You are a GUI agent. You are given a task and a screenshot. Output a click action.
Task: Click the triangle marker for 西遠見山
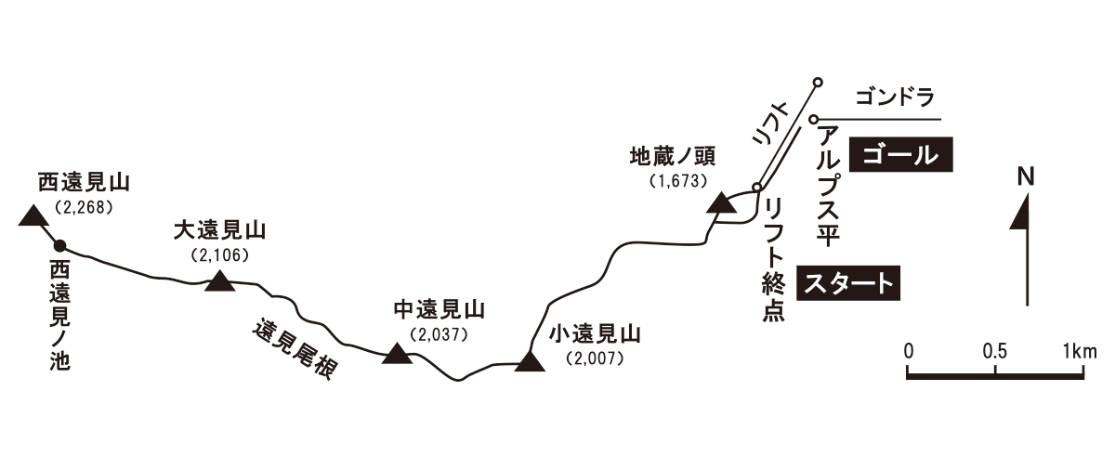(x=33, y=217)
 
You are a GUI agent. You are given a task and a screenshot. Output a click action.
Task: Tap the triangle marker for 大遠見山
(x=219, y=281)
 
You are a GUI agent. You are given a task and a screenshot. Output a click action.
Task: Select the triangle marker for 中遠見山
(x=398, y=353)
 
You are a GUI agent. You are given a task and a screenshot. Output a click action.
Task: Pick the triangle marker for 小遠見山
(x=530, y=361)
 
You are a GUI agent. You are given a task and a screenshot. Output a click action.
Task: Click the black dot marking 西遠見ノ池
(x=59, y=246)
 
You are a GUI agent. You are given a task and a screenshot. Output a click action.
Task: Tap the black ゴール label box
(x=902, y=154)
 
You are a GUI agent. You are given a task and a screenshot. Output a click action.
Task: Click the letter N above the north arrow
(x=1026, y=177)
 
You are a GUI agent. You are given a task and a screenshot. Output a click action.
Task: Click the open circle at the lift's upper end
(x=818, y=83)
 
